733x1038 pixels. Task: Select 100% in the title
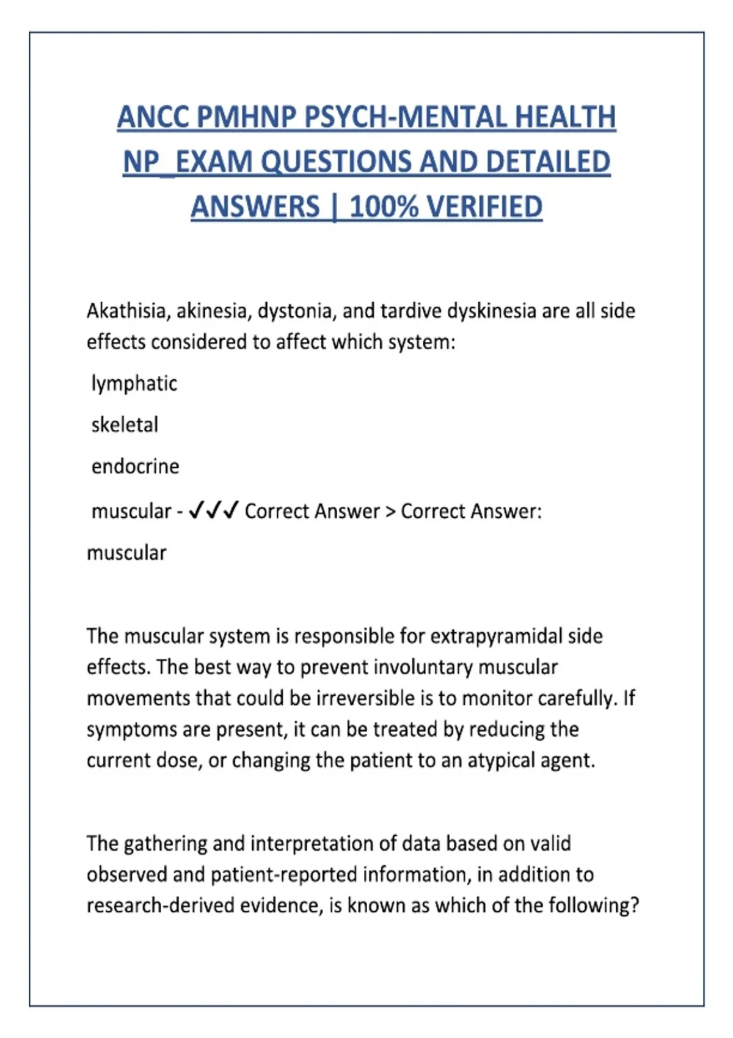(384, 206)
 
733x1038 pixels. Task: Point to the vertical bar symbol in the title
(334, 206)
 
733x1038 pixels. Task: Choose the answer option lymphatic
(134, 383)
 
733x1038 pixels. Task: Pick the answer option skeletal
(125, 424)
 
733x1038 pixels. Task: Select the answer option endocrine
(136, 466)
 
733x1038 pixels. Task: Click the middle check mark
(213, 510)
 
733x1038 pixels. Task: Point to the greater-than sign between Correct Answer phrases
(390, 511)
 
